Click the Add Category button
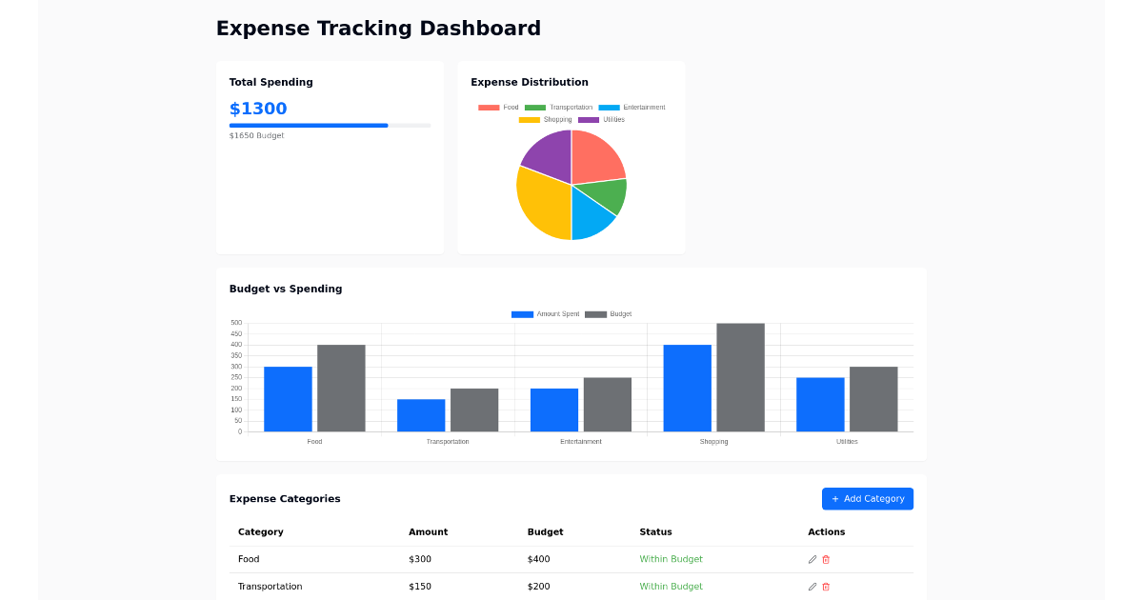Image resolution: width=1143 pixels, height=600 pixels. (867, 499)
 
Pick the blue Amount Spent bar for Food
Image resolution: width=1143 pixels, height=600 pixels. (288, 399)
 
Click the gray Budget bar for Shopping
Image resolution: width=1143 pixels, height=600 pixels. (740, 377)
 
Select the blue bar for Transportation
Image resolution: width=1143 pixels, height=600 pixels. (421, 415)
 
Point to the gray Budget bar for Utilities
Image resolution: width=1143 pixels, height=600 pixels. (873, 399)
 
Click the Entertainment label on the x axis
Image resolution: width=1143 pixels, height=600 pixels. (581, 442)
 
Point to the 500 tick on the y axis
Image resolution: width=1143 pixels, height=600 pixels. (236, 323)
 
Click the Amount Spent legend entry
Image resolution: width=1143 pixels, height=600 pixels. (546, 314)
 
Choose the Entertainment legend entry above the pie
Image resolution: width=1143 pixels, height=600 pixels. (632, 108)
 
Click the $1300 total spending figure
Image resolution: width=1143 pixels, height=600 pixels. (258, 109)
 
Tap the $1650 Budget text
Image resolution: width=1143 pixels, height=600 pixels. (256, 136)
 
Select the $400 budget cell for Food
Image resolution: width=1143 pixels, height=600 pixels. (538, 559)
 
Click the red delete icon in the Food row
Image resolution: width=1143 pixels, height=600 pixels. (826, 559)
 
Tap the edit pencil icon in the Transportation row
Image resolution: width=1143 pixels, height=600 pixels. (812, 587)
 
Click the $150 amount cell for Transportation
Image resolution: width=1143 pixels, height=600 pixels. (420, 587)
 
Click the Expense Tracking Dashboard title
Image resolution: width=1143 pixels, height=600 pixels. (378, 29)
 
